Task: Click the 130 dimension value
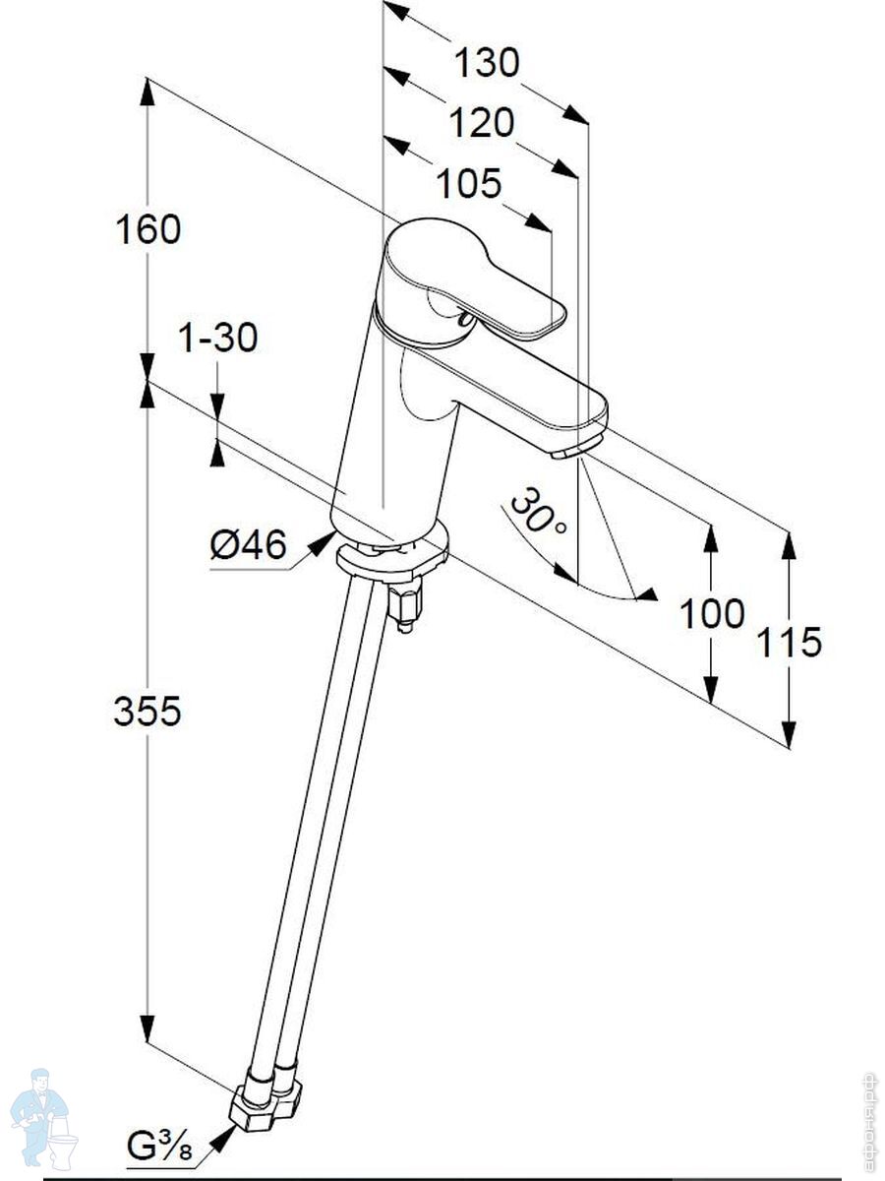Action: tap(486, 63)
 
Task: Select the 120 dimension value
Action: tap(481, 123)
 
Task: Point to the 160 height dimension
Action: tap(147, 229)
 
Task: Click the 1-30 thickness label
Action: tap(217, 338)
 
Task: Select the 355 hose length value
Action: tap(147, 711)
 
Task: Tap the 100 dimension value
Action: tap(712, 613)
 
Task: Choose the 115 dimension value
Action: tap(789, 642)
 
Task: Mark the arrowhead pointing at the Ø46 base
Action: tap(324, 542)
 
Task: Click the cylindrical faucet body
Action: tap(393, 433)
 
